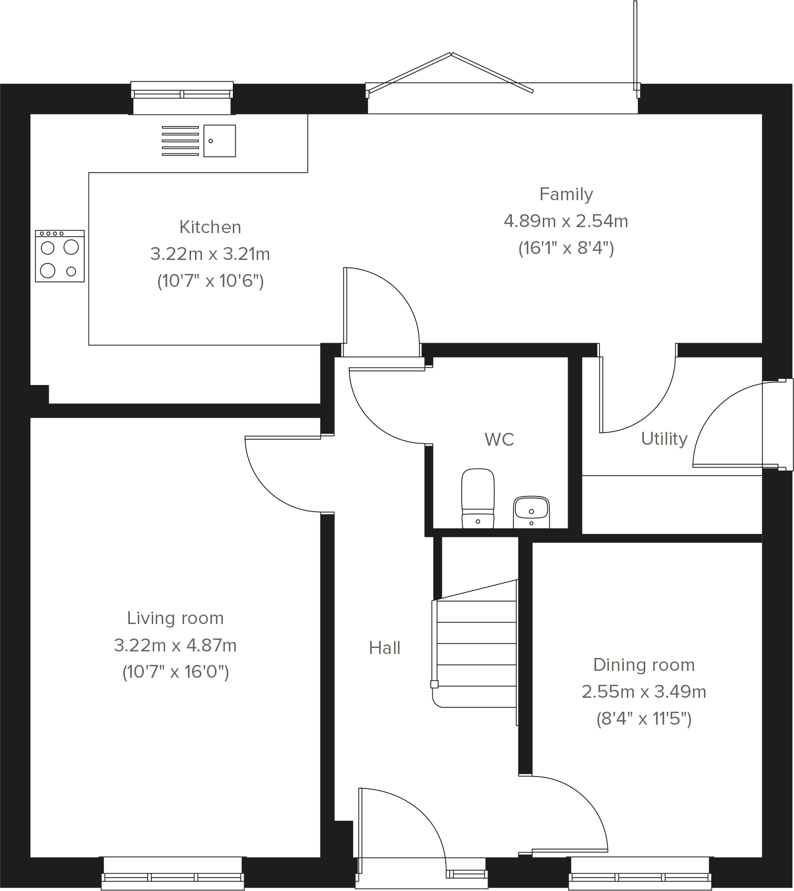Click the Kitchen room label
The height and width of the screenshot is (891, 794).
[x=210, y=227]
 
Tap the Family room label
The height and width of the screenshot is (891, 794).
[x=566, y=194]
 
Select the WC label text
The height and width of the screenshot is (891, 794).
[x=499, y=439]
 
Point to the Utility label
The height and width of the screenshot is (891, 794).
[x=664, y=438]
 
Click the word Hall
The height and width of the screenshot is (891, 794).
[x=385, y=648]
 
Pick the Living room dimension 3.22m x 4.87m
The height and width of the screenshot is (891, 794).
[x=175, y=645]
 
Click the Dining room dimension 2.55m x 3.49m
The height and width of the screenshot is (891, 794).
[x=644, y=692]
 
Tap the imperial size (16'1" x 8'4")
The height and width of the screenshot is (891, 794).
[x=566, y=248]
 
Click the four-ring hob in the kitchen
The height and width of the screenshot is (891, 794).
[x=60, y=256]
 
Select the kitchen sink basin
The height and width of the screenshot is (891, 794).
[x=219, y=141]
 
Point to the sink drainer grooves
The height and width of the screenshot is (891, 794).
[x=180, y=141]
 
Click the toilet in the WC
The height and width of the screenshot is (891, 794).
[x=478, y=498]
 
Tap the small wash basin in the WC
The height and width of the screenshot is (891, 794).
[x=531, y=511]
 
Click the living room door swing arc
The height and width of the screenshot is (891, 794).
[x=274, y=486]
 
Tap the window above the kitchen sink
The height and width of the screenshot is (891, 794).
[x=182, y=94]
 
